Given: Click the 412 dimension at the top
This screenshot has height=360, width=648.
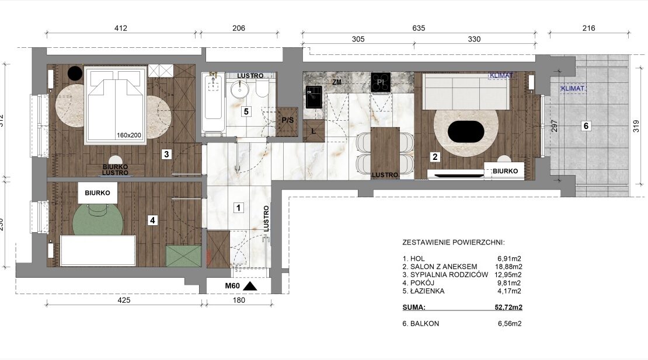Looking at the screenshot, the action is (121, 28).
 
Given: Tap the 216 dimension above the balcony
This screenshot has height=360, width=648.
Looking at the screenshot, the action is (588, 28).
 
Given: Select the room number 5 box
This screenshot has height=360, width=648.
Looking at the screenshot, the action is (246, 111).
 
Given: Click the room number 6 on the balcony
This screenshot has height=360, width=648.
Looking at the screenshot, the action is (586, 125).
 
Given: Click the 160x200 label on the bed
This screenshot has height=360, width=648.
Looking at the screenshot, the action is (129, 135).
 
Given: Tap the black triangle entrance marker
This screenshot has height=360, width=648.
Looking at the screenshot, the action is (250, 286).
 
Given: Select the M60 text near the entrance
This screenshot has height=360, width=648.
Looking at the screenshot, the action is (232, 286).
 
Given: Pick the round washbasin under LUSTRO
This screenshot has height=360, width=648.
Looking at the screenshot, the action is (239, 89).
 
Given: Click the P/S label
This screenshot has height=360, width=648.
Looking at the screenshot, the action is (288, 120).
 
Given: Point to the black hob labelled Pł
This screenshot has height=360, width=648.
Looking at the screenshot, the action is (380, 82).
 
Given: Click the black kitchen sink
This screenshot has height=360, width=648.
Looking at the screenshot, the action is (314, 97).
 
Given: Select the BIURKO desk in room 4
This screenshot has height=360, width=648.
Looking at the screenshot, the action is (97, 193).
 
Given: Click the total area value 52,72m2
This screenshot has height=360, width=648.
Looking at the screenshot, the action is (508, 307).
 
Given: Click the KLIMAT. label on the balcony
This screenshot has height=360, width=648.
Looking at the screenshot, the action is (573, 88).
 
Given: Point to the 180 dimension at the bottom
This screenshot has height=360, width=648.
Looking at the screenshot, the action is (239, 300).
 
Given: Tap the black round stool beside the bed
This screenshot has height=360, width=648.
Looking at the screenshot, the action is (75, 73).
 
